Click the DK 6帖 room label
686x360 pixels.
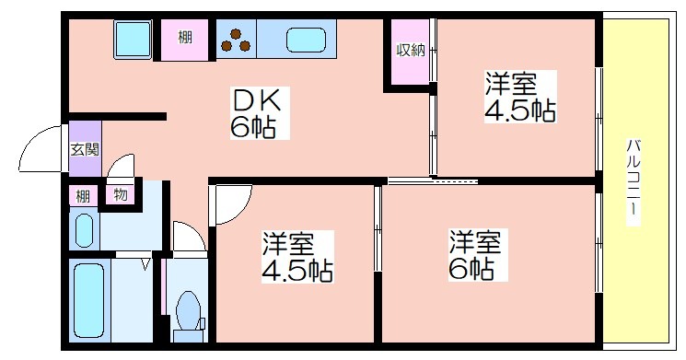pos(260,113)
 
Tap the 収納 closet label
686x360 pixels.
pos(411,51)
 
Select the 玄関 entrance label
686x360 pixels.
pos(86,149)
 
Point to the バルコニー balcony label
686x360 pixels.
pos(634,181)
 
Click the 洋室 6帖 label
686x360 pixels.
pos(478,255)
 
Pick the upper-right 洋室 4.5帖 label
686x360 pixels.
pos(520,97)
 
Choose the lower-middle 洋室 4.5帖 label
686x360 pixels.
pos(297,257)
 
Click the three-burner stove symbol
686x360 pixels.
pos(236,41)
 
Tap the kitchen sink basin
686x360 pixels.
pos(307,40)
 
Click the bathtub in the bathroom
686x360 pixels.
pos(89,300)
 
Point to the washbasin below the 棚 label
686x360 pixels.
pos(85,230)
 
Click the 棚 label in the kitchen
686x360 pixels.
pos(185,38)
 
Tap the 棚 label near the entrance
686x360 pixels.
pos(83,196)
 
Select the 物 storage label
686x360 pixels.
pos(121,194)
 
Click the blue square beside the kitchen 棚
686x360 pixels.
pos(133,39)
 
